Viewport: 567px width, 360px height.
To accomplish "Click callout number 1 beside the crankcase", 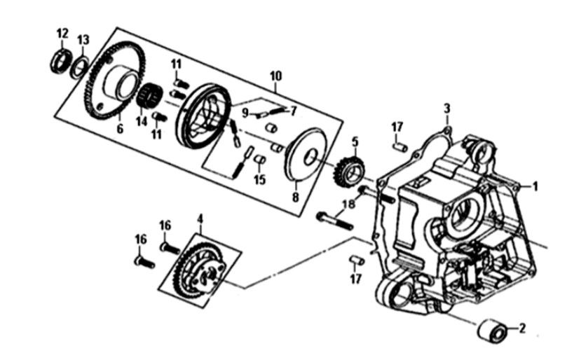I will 535,187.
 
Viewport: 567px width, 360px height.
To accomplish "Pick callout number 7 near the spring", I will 294,111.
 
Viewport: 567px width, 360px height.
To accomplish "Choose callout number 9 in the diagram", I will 246,112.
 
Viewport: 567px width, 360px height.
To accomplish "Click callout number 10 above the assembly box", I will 275,75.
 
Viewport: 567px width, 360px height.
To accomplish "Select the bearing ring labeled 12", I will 61,61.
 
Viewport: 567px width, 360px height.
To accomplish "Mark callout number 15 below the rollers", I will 260,180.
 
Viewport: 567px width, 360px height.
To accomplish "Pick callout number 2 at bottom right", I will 521,328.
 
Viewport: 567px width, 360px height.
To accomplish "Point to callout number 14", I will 142,120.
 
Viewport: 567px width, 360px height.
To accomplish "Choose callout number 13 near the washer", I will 83,39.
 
